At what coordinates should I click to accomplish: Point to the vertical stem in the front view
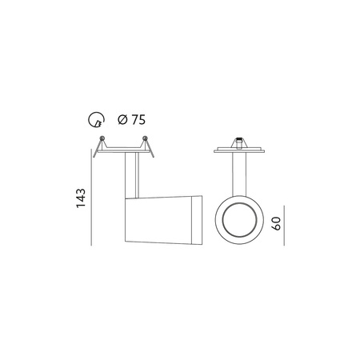[238, 172]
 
